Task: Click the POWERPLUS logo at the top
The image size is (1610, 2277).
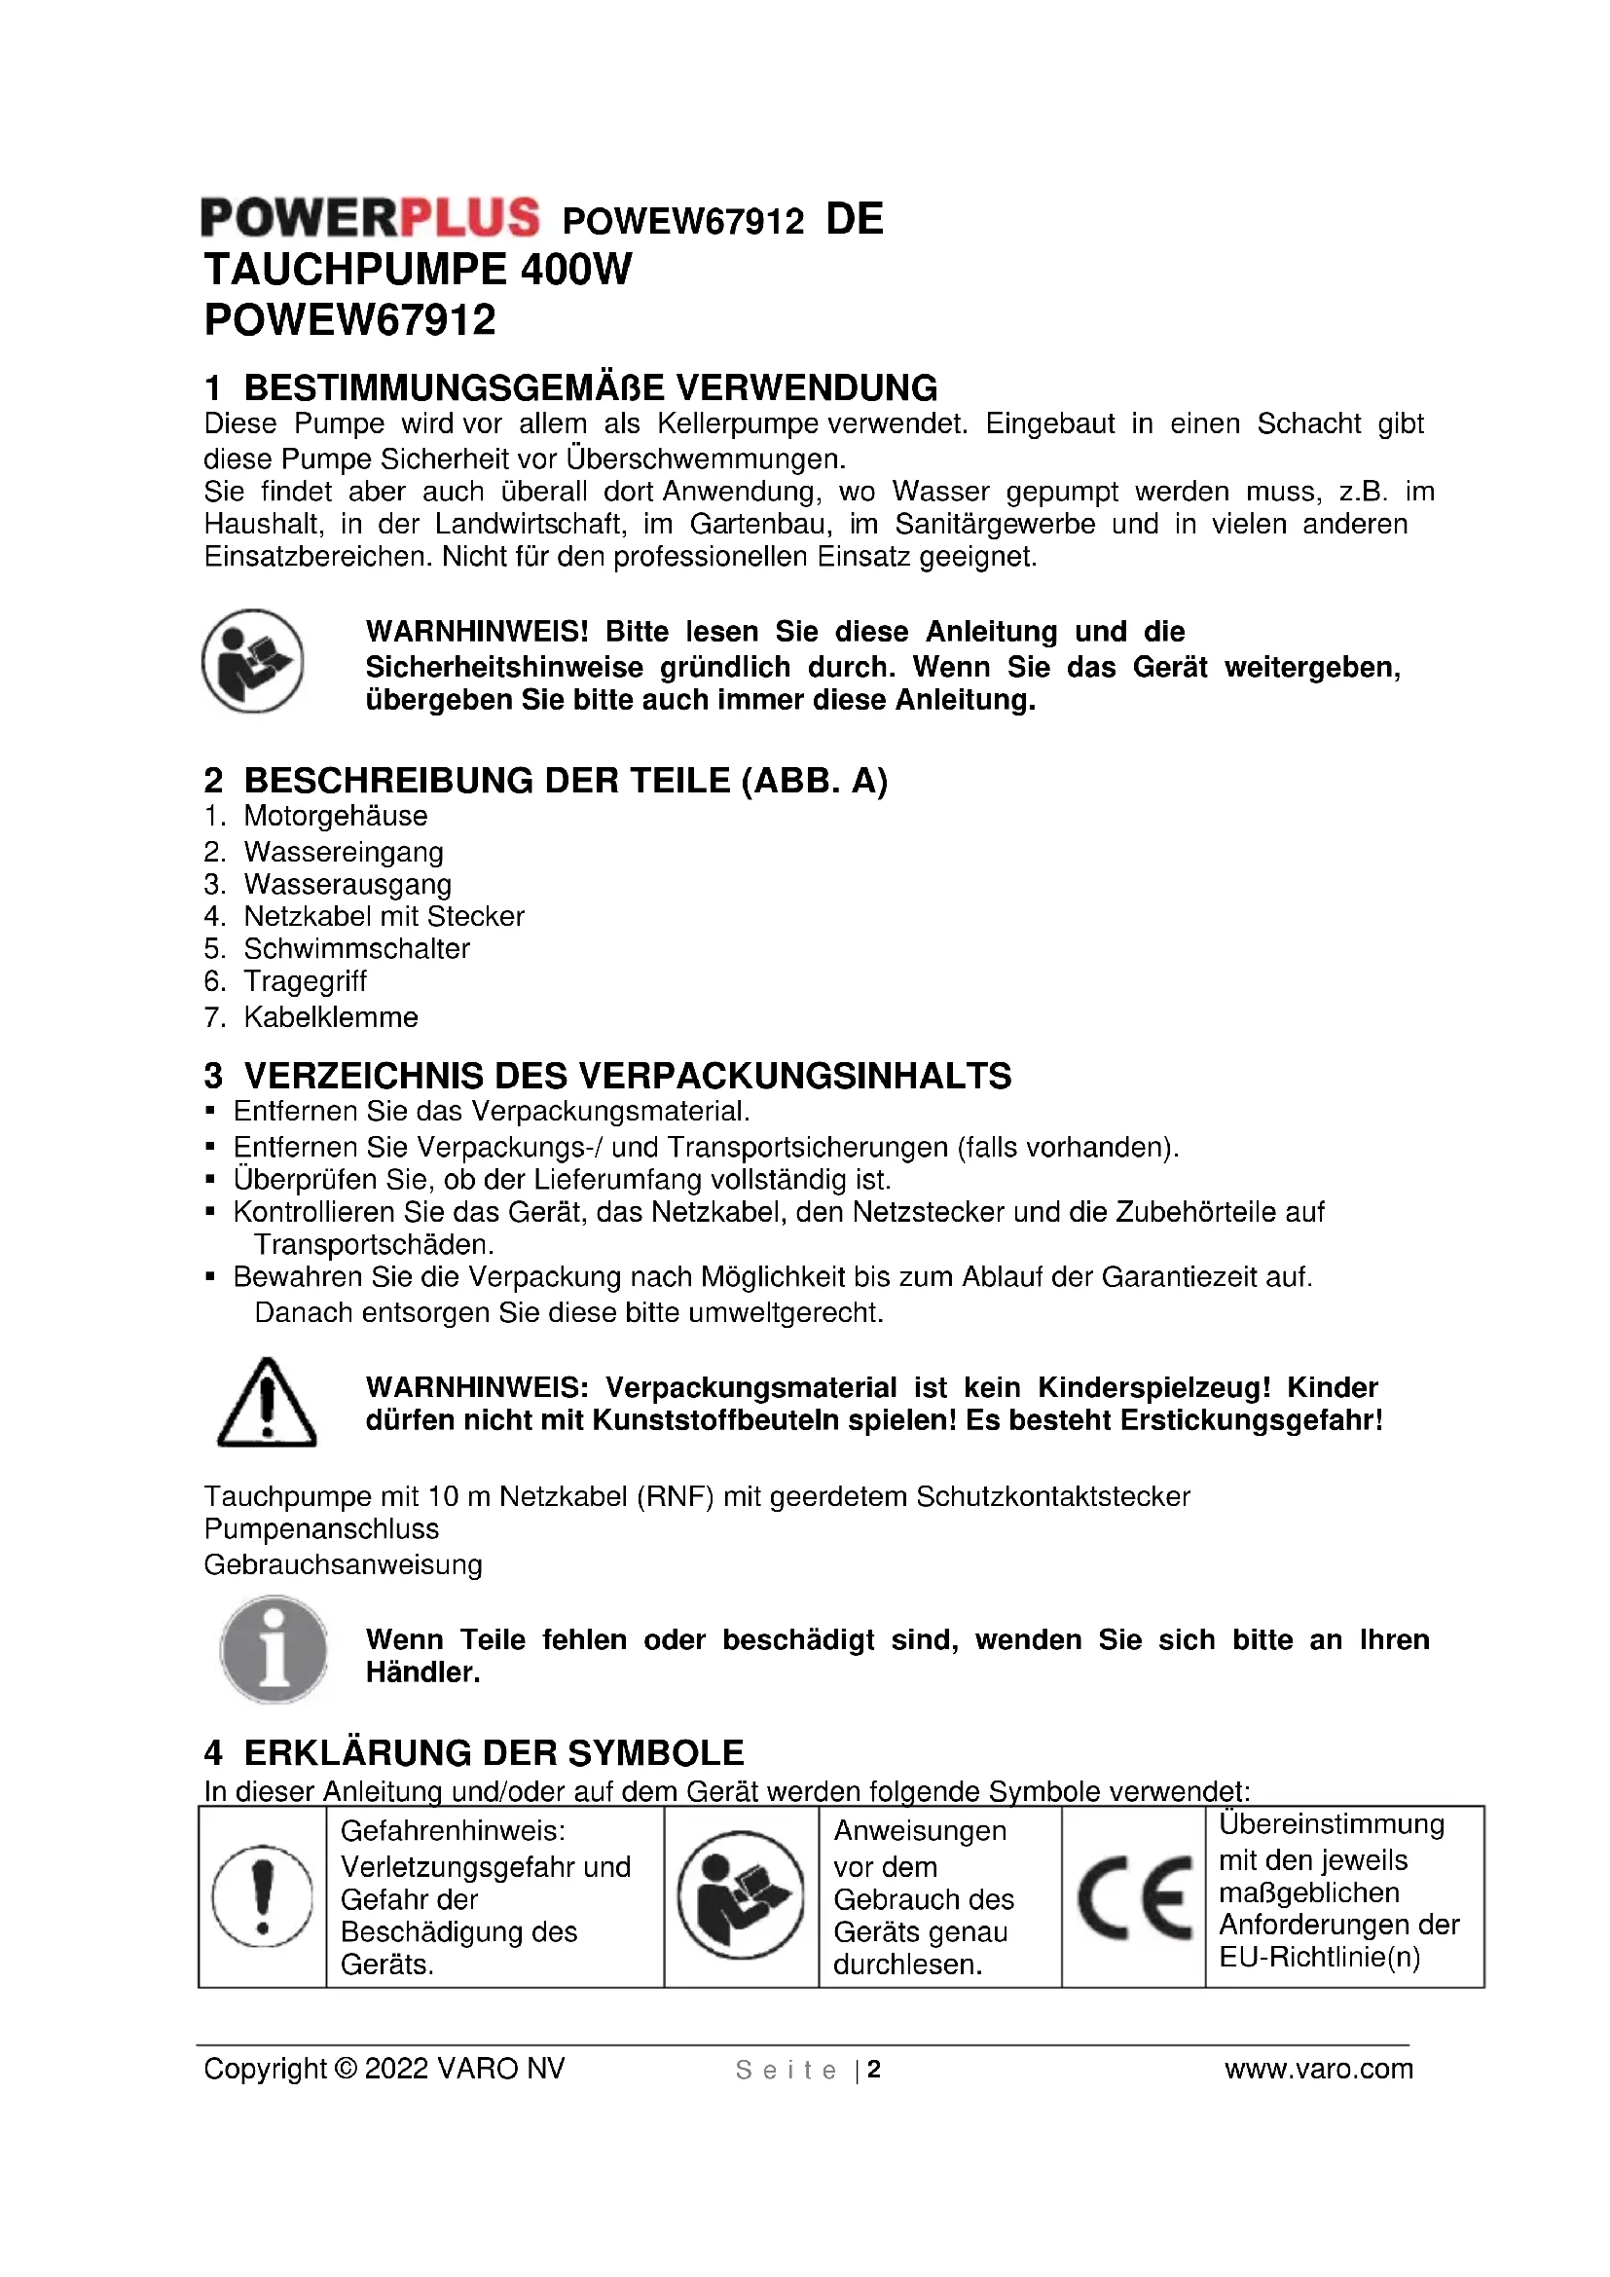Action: point(370,218)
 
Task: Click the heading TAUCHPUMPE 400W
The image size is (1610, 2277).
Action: point(418,270)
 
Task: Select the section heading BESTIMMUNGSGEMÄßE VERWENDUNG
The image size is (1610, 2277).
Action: point(590,387)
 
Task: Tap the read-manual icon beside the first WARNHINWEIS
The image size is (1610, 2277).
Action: point(253,660)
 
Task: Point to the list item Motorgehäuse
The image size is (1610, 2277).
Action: point(335,816)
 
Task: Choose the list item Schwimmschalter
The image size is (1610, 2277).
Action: point(356,949)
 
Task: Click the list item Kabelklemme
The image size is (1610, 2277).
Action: point(330,1017)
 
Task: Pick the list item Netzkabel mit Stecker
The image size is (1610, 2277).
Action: point(384,916)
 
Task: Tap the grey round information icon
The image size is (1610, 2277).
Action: point(274,1650)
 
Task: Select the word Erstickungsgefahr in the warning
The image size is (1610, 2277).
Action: point(1251,1420)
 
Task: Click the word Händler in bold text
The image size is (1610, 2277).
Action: point(422,1673)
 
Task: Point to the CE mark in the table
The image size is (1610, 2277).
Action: point(1134,1897)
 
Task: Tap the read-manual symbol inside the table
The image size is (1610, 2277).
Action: point(741,1896)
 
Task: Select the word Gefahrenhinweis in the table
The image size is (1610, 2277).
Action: point(453,1831)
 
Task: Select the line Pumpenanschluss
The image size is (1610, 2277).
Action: point(321,1529)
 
